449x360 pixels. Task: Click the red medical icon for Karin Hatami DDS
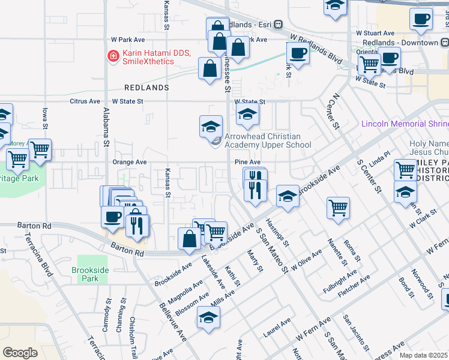pyautogui.click(x=112, y=56)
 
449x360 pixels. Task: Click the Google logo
pyautogui.click(x=20, y=353)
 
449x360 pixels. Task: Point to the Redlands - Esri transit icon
pyautogui.click(x=279, y=25)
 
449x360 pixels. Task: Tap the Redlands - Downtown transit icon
pyautogui.click(x=444, y=43)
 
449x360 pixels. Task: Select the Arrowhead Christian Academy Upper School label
pyautogui.click(x=267, y=140)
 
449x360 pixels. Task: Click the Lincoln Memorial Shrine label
pyautogui.click(x=404, y=124)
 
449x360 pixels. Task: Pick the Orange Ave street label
pyautogui.click(x=130, y=162)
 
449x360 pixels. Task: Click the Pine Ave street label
pyautogui.click(x=247, y=162)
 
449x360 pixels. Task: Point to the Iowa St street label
pyautogui.click(x=45, y=119)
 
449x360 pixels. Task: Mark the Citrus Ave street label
pyautogui.click(x=85, y=101)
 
